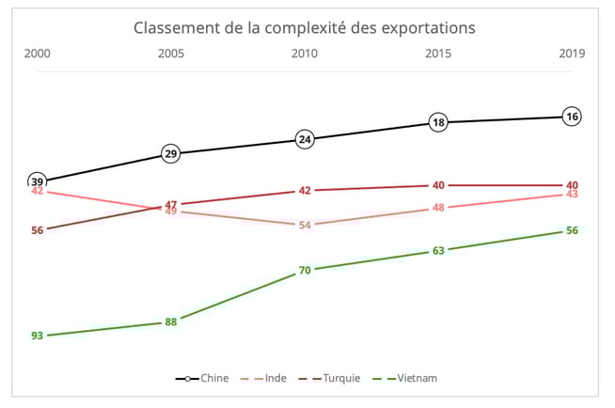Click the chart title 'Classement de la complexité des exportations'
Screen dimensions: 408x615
[x=305, y=28]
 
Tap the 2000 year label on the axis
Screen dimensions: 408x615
[x=38, y=55]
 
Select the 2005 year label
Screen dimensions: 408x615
[x=171, y=55]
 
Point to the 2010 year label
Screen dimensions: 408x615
[x=305, y=55]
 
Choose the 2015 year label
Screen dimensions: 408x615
[x=438, y=55]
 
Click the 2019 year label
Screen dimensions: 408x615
[x=572, y=55]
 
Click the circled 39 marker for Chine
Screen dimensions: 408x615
[x=38, y=181]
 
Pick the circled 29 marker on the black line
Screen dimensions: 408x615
[x=171, y=153]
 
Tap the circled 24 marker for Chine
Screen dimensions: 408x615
[x=305, y=139]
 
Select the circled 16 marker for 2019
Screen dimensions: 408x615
[x=572, y=117]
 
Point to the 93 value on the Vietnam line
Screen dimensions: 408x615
[x=38, y=336]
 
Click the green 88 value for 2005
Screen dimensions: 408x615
[x=171, y=322]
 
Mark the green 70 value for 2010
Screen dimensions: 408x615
[x=305, y=270]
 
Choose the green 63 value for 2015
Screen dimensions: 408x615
[x=438, y=250]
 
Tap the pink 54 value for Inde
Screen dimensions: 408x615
[x=305, y=225]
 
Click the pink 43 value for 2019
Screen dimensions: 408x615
[x=572, y=194]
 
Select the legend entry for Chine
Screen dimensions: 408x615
[x=202, y=378]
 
